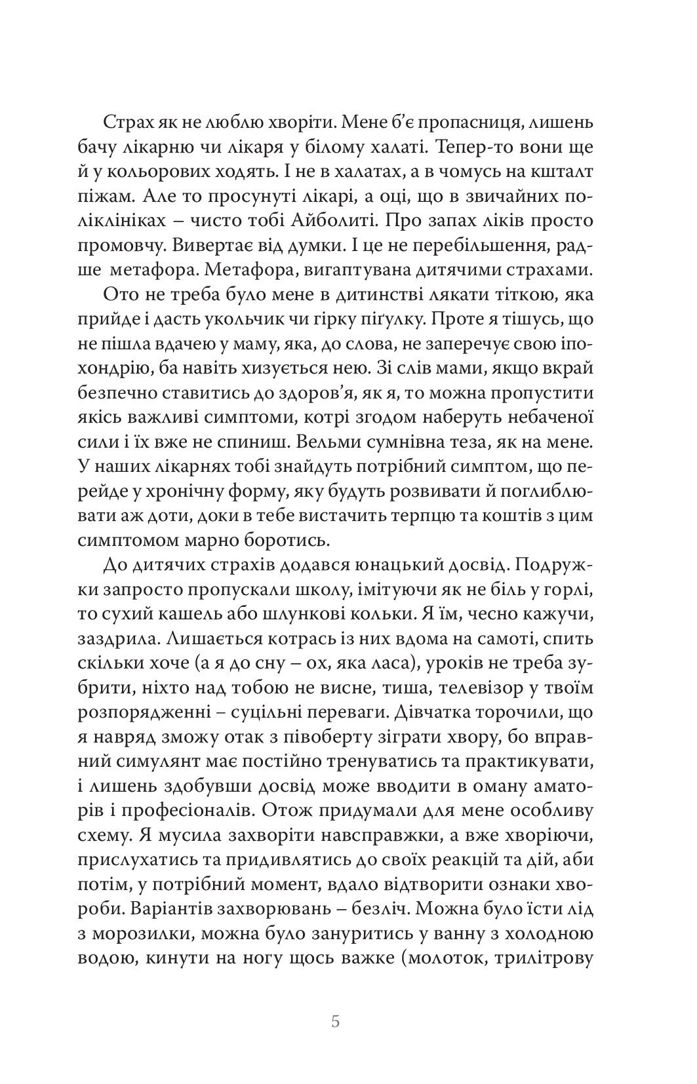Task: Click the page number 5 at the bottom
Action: pos(336,1022)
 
